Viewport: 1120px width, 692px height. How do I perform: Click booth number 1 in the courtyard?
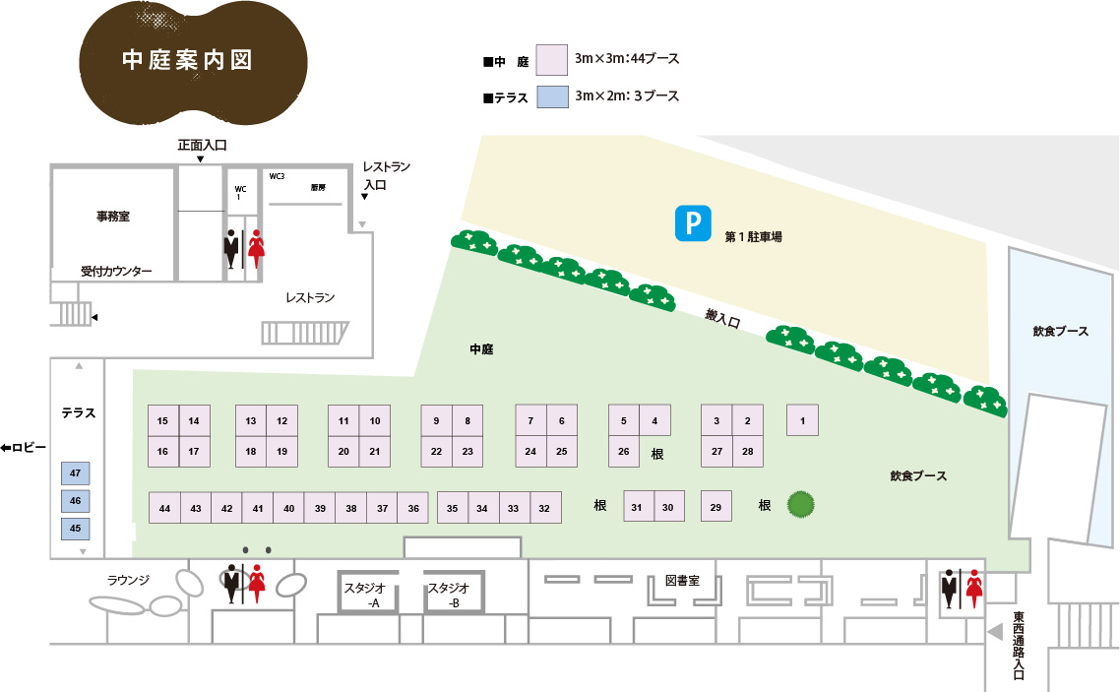pos(803,421)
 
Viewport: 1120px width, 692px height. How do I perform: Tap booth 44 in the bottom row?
pos(164,508)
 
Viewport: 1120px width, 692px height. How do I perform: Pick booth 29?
pos(716,507)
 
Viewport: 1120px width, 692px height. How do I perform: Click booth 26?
pos(623,452)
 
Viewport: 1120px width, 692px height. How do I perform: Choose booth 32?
pos(544,508)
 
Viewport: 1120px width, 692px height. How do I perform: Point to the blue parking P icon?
pos(692,223)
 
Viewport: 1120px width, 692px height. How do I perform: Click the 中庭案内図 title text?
pos(187,60)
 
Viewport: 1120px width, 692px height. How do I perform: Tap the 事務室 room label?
pos(112,216)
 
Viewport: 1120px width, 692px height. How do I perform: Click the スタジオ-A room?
pos(368,595)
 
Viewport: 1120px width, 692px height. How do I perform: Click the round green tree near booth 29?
pos(802,505)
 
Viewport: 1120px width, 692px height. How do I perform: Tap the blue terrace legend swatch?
pos(552,95)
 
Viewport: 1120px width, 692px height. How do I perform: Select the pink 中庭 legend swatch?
pos(552,60)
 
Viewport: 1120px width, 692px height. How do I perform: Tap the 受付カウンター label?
pos(116,271)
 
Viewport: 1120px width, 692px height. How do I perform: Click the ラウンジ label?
pos(128,580)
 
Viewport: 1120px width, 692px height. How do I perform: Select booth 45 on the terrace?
pos(76,528)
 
